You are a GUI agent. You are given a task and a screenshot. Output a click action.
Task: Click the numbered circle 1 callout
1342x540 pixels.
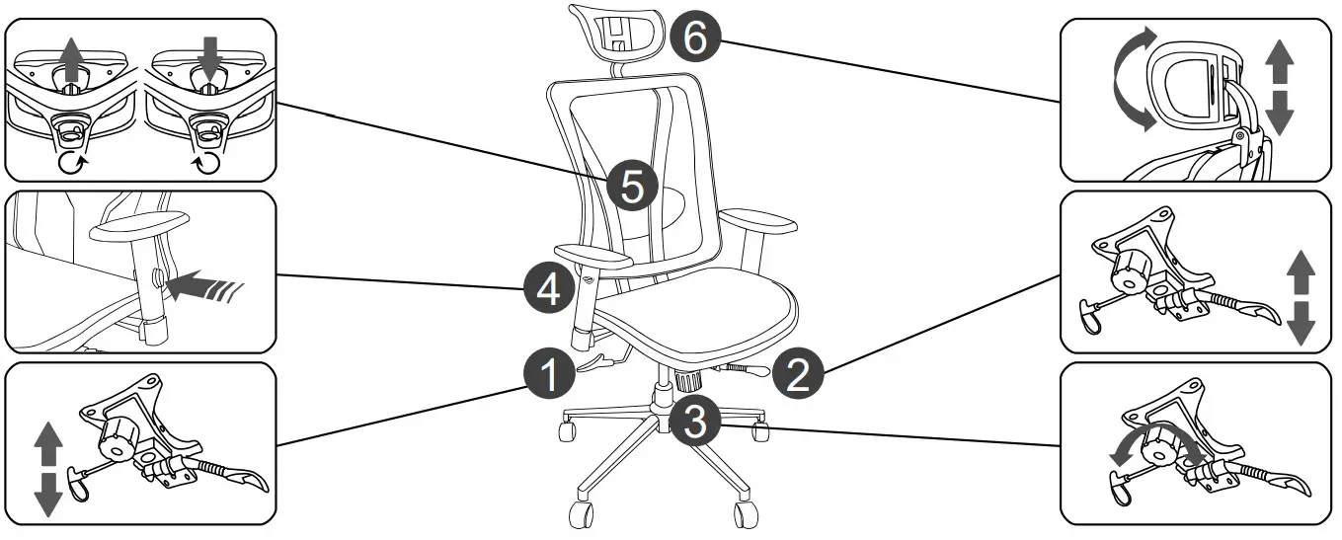pyautogui.click(x=549, y=373)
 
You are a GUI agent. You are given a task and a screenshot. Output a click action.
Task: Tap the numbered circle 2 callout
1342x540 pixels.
pyautogui.click(x=798, y=373)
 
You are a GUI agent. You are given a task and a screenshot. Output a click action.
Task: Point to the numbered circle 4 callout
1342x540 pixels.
pyautogui.click(x=549, y=288)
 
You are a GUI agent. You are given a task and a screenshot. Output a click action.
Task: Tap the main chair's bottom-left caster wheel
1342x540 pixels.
pyautogui.click(x=581, y=515)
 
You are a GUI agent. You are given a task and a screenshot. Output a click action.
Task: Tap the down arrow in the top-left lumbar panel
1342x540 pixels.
pyautogui.click(x=209, y=58)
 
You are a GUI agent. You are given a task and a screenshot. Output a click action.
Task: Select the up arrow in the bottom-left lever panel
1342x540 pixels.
pyautogui.click(x=48, y=443)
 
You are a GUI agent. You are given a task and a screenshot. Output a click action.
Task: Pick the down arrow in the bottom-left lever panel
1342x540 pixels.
pyautogui.click(x=48, y=495)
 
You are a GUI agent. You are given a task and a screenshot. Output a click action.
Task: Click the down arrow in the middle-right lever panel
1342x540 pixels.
pyautogui.click(x=1301, y=323)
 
